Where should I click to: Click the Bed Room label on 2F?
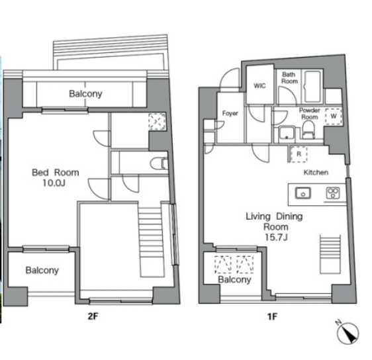(x=56, y=173)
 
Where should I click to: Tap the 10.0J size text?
(x=54, y=183)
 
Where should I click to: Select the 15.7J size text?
(x=276, y=237)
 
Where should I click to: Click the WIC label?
(x=259, y=85)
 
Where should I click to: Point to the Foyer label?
(x=230, y=113)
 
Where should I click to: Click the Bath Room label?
(x=289, y=78)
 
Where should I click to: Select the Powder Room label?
(x=310, y=114)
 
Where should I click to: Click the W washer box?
(x=334, y=116)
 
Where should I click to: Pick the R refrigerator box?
(x=299, y=154)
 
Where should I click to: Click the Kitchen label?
(x=316, y=172)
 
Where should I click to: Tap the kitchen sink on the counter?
(x=303, y=193)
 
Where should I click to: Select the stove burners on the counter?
(x=333, y=193)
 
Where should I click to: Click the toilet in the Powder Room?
(x=308, y=129)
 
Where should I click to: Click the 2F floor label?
(x=93, y=316)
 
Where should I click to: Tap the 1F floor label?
(x=272, y=316)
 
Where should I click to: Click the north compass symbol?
(x=348, y=332)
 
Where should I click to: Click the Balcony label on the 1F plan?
(x=234, y=279)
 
